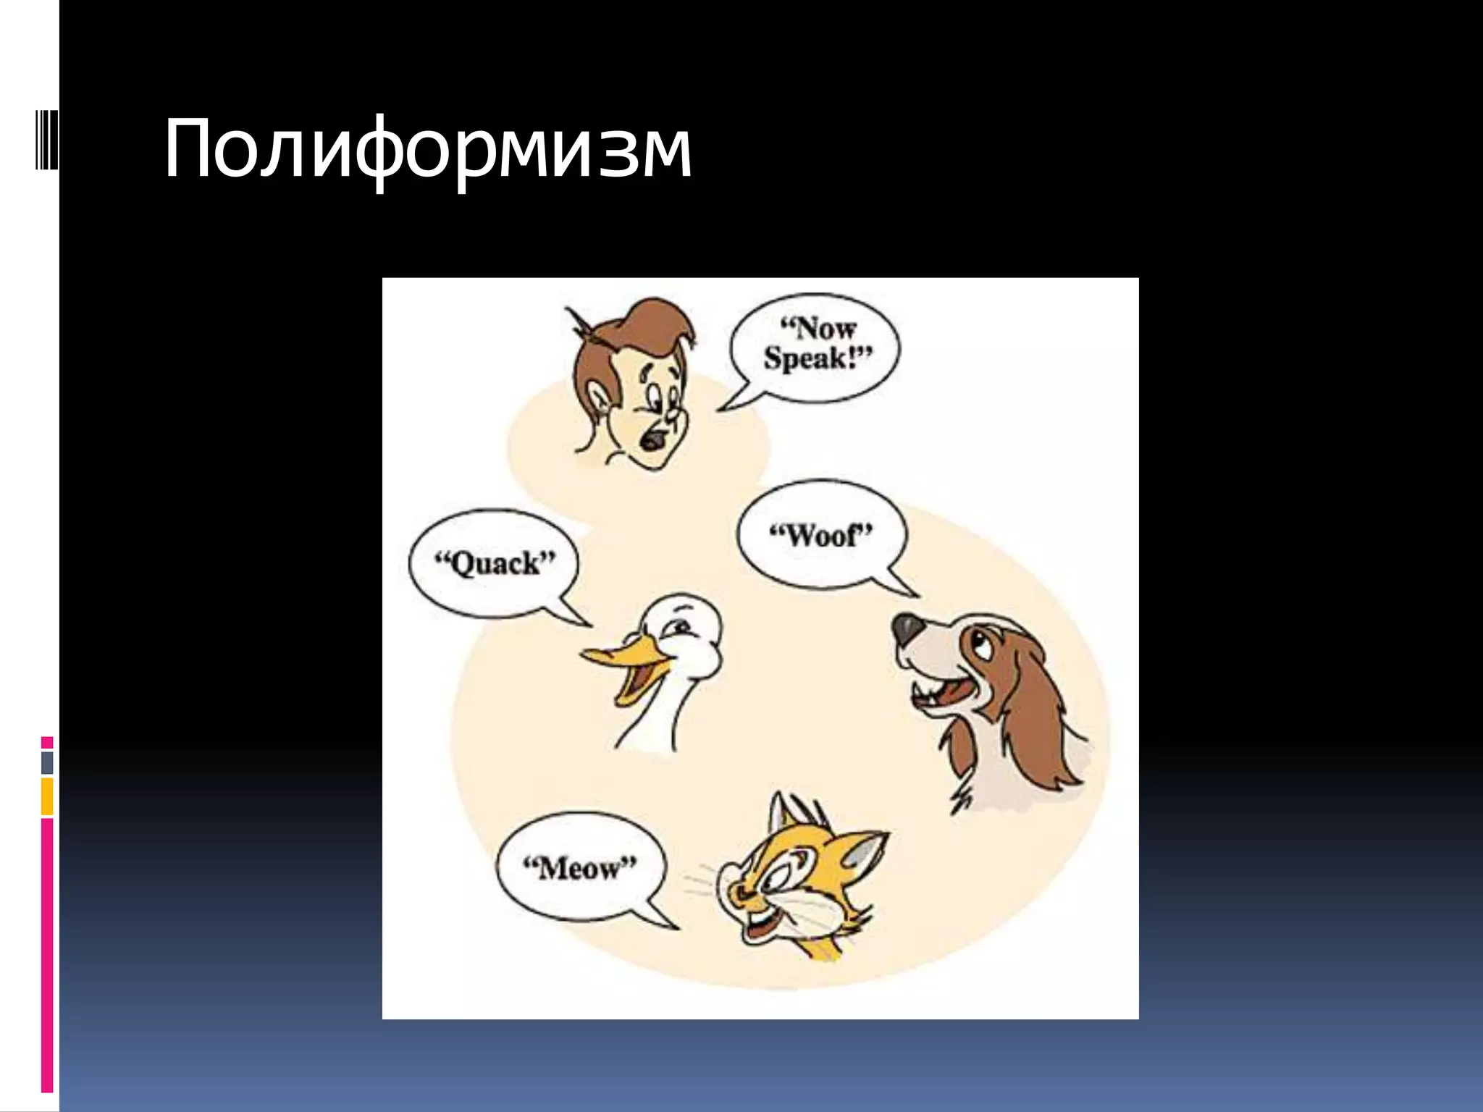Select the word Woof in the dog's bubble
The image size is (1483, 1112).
coord(820,536)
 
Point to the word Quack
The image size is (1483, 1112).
coord(495,563)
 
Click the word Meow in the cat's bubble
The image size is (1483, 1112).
coord(579,867)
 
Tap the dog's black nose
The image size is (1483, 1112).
coord(906,628)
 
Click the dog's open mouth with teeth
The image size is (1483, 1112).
coord(941,695)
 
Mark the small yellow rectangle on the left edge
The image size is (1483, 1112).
coord(47,796)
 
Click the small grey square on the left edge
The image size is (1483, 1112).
coord(47,763)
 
